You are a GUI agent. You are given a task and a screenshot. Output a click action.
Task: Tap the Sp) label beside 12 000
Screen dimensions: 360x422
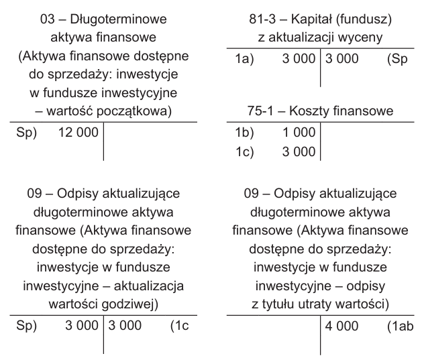click(25, 133)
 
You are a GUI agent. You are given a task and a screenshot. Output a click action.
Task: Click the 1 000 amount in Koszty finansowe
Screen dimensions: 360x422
click(299, 133)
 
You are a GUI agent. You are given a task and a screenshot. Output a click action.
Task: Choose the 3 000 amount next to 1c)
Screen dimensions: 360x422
click(299, 152)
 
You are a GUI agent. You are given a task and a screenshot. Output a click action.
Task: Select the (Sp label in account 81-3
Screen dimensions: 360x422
click(397, 59)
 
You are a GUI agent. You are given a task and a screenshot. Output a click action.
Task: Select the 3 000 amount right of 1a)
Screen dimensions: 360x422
click(299, 59)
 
